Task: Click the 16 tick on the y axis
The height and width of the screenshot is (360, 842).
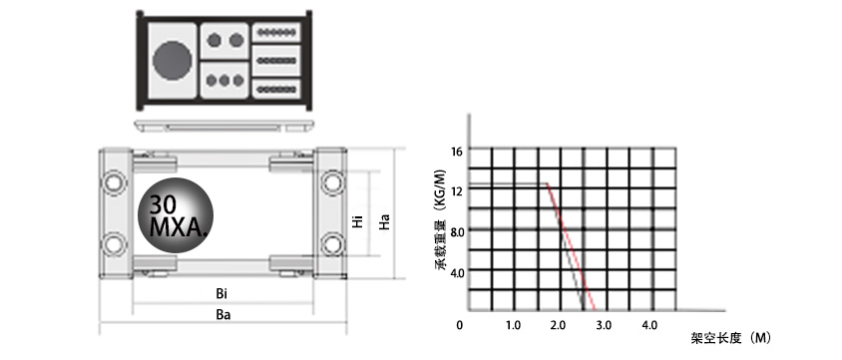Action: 457,152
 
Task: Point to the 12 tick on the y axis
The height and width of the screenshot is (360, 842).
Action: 457,191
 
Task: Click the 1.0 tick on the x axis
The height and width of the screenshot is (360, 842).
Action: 513,325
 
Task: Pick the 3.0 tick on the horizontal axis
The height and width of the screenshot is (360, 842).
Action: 604,325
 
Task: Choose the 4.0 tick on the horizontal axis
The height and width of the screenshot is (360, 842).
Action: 648,325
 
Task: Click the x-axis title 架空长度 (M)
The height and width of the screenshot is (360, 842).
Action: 731,337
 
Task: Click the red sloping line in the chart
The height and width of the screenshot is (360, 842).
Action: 571,244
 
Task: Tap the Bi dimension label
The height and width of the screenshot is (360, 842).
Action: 220,294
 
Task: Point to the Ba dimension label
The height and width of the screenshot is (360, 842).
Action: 221,315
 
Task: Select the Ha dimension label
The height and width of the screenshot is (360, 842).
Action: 383,221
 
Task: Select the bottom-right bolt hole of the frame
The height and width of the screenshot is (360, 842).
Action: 330,243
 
